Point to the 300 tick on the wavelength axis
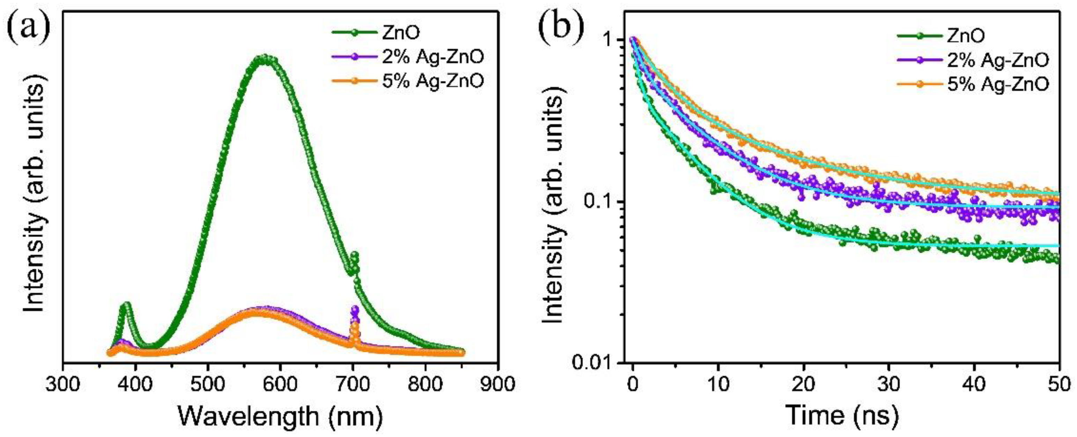[63, 384]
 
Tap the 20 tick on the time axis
[803, 384]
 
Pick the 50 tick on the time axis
[1058, 384]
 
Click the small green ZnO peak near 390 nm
[126, 306]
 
